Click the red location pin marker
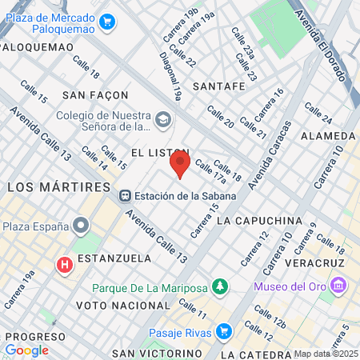(x=180, y=166)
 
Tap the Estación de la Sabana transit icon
(x=125, y=196)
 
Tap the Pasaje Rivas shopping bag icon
(x=224, y=332)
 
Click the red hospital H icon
(x=65, y=264)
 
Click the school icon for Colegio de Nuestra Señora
(x=163, y=120)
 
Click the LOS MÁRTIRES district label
(x=58, y=186)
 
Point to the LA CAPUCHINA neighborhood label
(x=259, y=220)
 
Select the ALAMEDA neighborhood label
(x=328, y=136)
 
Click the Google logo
(x=26, y=350)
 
